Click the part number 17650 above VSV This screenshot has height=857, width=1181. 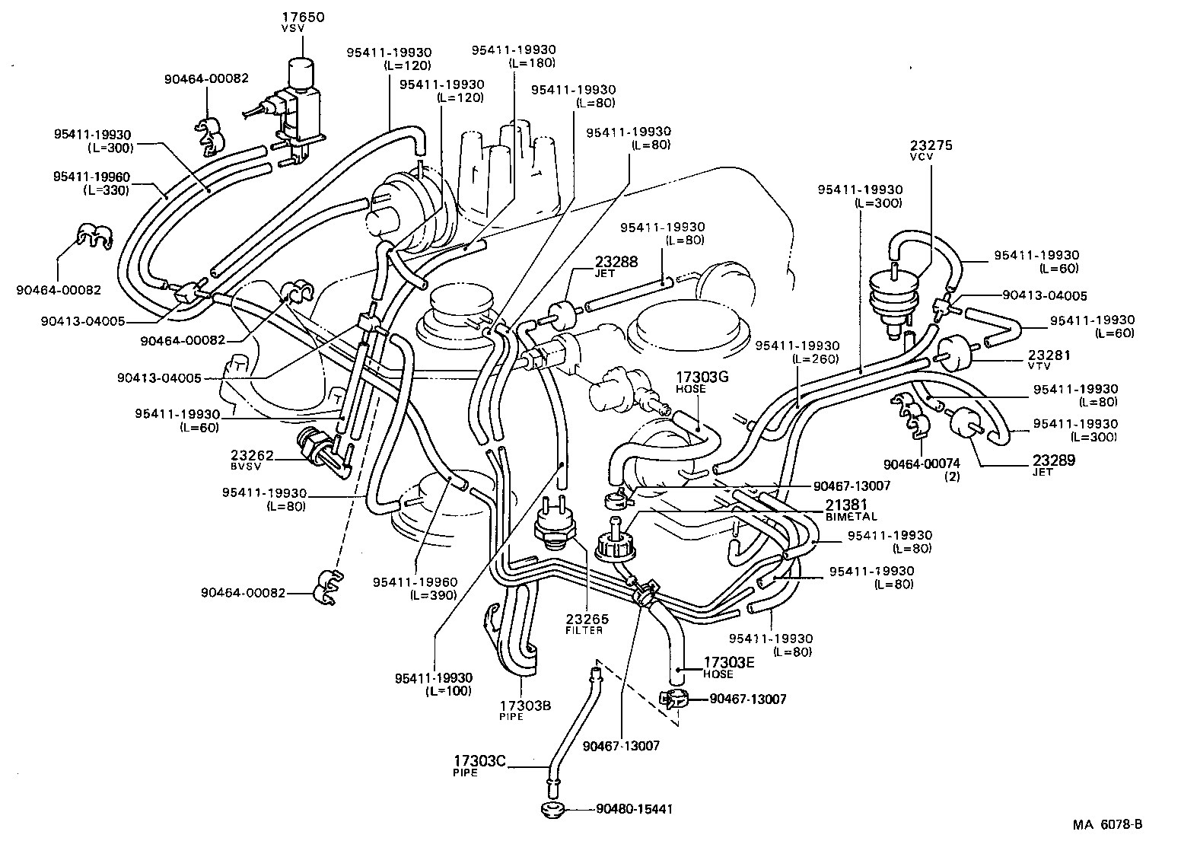click(x=304, y=16)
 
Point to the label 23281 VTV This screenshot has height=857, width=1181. click(x=1049, y=359)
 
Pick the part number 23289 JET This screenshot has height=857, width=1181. click(x=1053, y=464)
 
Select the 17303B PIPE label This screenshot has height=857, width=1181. click(x=525, y=709)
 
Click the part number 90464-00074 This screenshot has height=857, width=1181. click(x=922, y=464)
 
